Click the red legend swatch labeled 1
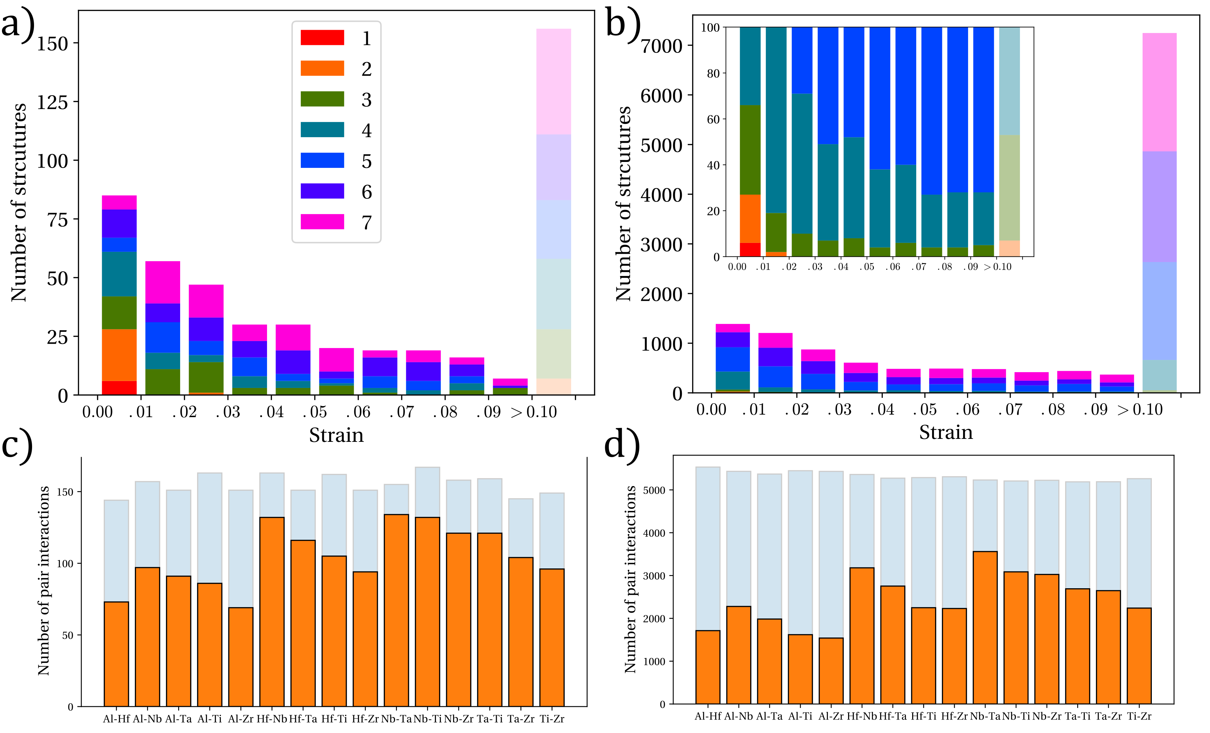pyautogui.click(x=322, y=38)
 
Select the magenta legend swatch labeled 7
pyautogui.click(x=322, y=222)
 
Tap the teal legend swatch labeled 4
pyautogui.click(x=322, y=130)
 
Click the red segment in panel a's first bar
pyautogui.click(x=119, y=388)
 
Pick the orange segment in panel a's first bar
pyautogui.click(x=119, y=355)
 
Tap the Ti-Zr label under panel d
pyautogui.click(x=1139, y=716)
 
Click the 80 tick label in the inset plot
pyautogui.click(x=713, y=74)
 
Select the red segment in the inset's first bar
pyautogui.click(x=750, y=250)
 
